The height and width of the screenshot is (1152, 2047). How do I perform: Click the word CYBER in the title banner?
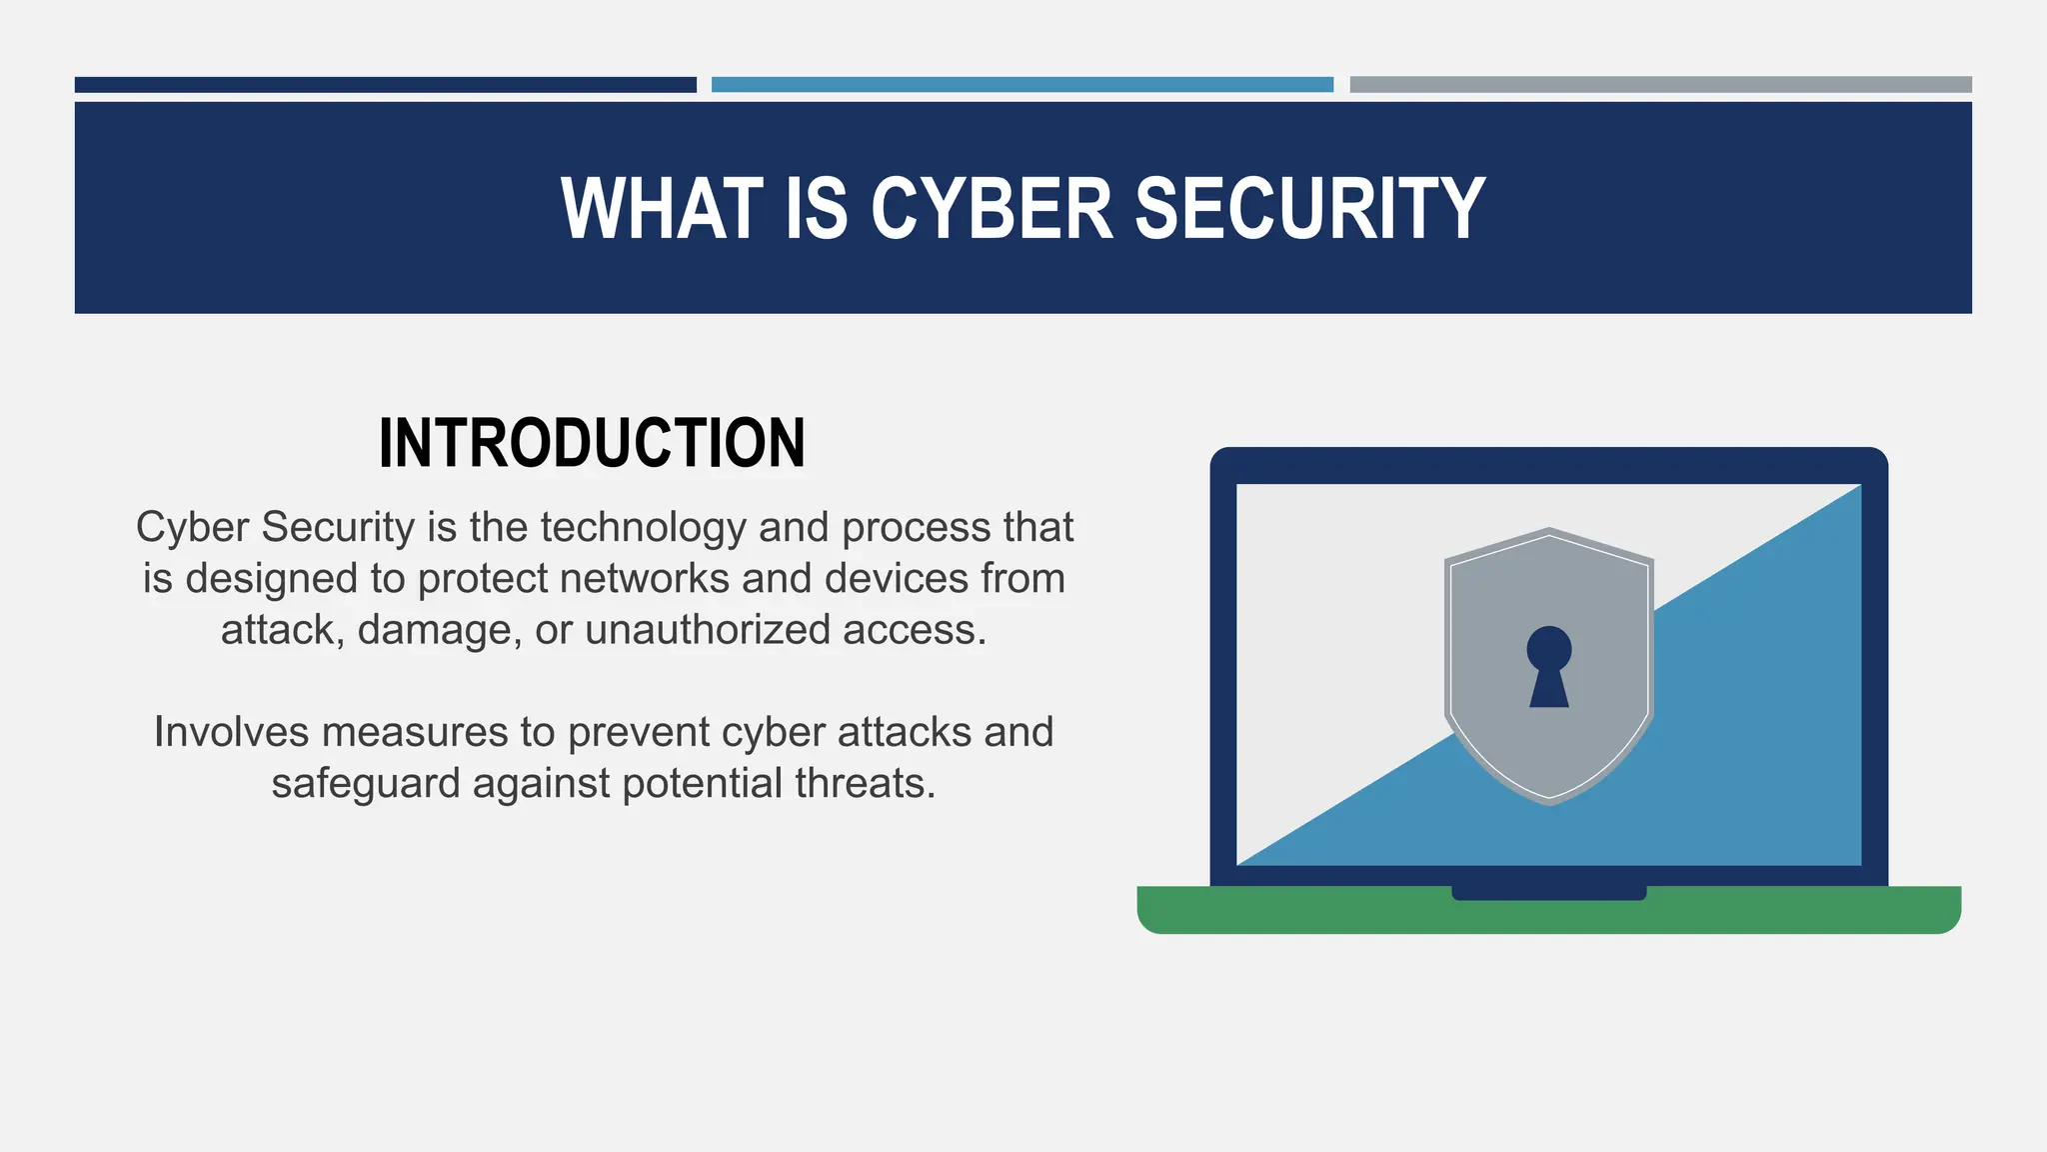click(x=992, y=209)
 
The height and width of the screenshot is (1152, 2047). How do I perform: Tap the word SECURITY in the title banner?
click(x=1309, y=209)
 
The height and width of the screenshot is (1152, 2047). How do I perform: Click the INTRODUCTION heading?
click(x=592, y=443)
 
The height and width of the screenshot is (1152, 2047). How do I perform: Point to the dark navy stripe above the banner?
click(x=385, y=85)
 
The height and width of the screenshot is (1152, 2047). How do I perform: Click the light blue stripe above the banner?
click(x=1022, y=85)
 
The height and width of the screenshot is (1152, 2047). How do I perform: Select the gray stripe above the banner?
click(x=1660, y=85)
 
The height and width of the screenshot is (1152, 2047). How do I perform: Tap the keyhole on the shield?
click(x=1548, y=665)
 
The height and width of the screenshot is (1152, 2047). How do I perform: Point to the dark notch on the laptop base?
click(x=1548, y=893)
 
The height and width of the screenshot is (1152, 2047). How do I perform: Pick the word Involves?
click(x=231, y=732)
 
